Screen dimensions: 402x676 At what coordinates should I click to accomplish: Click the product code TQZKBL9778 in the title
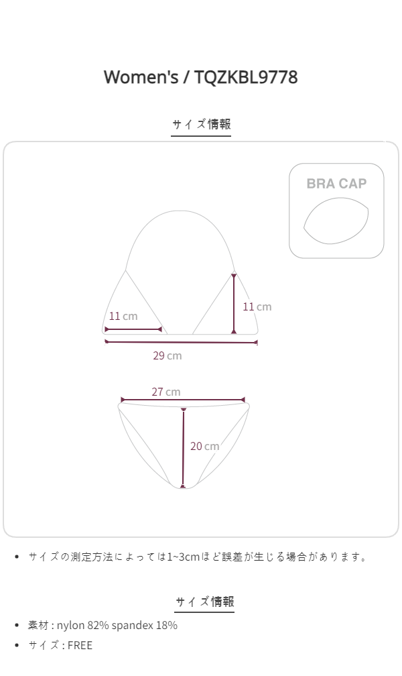point(246,78)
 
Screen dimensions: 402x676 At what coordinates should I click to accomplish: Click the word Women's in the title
point(141,77)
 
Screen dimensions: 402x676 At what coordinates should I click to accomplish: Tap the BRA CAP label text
point(336,184)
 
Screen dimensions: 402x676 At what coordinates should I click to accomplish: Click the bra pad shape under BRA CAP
point(336,221)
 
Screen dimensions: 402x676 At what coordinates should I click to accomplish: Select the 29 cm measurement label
point(167,355)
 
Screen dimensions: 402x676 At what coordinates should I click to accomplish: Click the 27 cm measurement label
point(166,392)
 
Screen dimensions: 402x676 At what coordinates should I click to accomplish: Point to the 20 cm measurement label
point(204,446)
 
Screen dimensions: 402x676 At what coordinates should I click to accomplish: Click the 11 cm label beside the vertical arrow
point(257,307)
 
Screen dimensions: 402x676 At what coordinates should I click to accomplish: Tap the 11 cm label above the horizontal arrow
point(123,316)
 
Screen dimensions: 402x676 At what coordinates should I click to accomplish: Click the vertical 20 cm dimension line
point(184,448)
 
